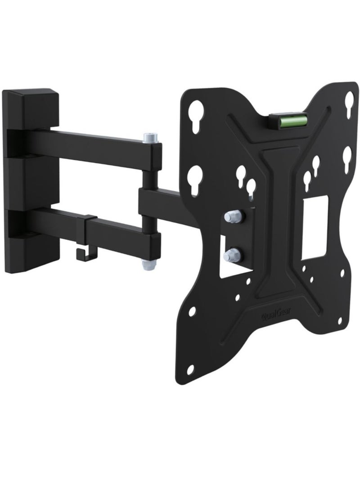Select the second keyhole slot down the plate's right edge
tap(347, 159)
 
